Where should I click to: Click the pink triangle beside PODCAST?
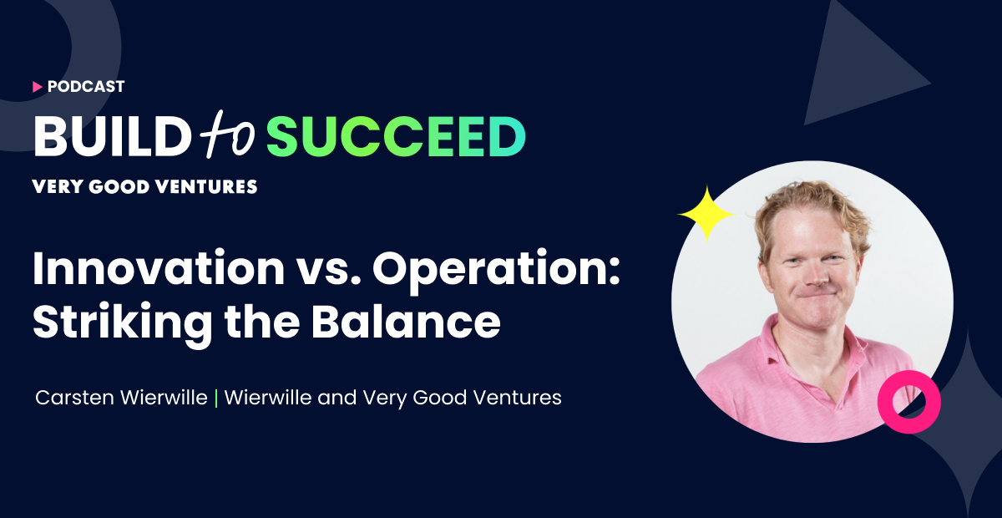[38, 86]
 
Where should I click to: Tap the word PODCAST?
[86, 86]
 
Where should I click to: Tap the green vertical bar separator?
[217, 398]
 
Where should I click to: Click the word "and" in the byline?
[337, 398]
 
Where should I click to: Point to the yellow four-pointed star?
[706, 214]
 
